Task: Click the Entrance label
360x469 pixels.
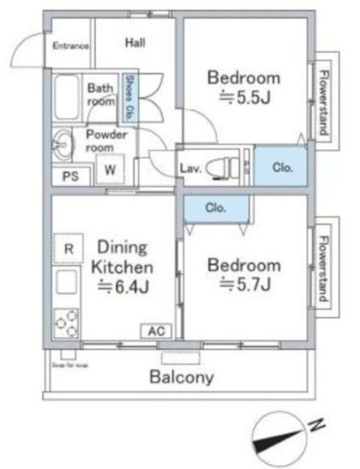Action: point(70,45)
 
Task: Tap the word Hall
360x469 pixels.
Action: point(134,43)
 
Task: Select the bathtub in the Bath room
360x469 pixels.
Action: point(67,98)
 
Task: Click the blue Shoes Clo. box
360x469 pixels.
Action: point(129,97)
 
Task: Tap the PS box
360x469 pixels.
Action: point(71,177)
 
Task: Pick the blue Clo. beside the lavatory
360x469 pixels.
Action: point(282,167)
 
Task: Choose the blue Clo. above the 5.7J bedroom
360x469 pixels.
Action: point(215,207)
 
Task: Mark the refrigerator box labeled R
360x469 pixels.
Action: point(68,248)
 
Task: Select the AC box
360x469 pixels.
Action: point(154,331)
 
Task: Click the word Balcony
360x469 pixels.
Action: point(182,378)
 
